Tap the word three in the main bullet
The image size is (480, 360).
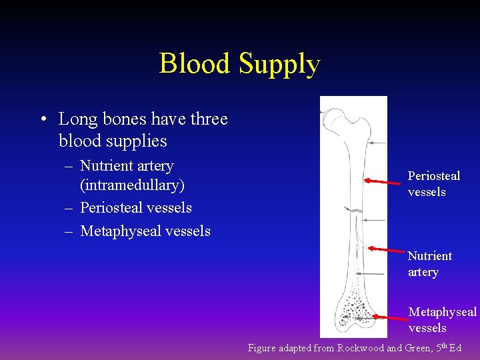[x=209, y=119]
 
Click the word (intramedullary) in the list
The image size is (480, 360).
[x=132, y=185]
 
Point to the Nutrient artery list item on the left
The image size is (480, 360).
[x=127, y=166]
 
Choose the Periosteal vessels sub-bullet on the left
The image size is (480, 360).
[x=135, y=208]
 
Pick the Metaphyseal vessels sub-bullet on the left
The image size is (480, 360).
[x=145, y=231]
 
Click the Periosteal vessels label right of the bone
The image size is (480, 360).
[x=433, y=184]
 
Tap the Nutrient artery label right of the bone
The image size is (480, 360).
[x=429, y=264]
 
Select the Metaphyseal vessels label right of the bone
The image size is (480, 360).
[x=442, y=320]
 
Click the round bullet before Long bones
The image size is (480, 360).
[x=43, y=120]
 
